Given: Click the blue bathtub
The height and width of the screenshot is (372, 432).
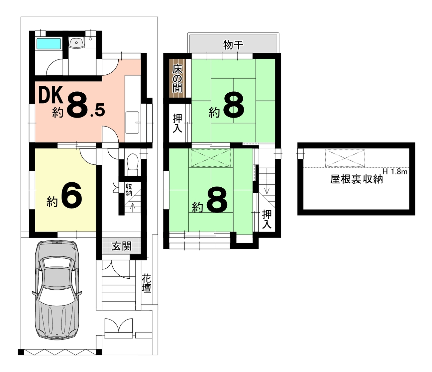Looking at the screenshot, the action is click(x=49, y=44).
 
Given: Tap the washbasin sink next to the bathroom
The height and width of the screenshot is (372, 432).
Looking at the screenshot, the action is click(x=76, y=43).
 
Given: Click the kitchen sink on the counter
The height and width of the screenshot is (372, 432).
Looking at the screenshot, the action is click(x=133, y=123).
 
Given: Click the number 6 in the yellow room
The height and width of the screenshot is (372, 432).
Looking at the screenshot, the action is click(x=71, y=195).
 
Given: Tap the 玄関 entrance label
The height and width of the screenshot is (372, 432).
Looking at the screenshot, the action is click(x=121, y=246).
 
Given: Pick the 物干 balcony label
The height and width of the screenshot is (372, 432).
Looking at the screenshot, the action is click(x=233, y=45).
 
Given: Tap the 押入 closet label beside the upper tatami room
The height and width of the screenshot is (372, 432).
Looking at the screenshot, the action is click(x=177, y=124).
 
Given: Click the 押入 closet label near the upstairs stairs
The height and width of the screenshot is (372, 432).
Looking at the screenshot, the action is click(x=267, y=219).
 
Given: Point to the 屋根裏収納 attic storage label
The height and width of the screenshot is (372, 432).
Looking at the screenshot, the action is click(x=356, y=179).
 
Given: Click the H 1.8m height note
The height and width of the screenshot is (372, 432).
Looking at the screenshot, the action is click(x=395, y=172).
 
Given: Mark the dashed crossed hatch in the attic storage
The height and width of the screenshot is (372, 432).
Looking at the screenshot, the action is click(x=345, y=158).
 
